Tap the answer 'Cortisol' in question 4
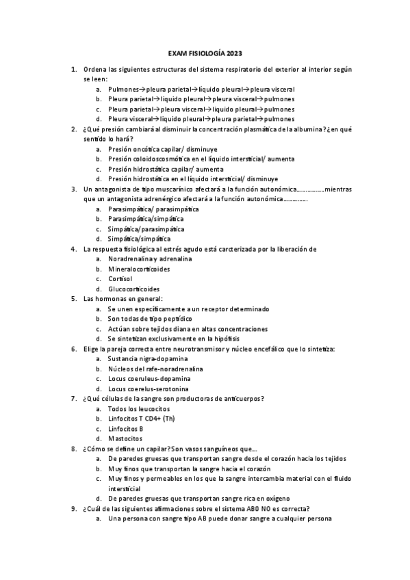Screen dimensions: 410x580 [x=120, y=278]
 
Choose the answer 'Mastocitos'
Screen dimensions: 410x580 [x=125, y=438]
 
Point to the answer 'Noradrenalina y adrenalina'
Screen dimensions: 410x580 [x=150, y=259]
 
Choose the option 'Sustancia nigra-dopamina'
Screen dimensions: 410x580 [x=147, y=358]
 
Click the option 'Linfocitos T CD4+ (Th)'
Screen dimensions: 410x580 [x=142, y=418]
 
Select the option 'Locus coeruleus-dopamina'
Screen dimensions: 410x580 [x=149, y=378]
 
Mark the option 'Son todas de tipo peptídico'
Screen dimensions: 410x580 [x=150, y=319]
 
